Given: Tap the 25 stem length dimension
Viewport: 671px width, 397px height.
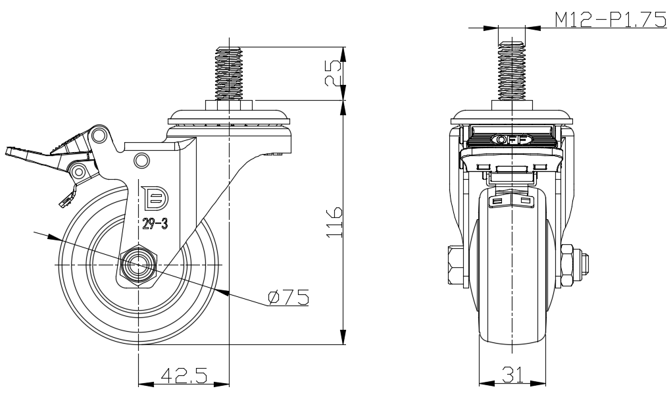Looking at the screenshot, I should coord(334,73).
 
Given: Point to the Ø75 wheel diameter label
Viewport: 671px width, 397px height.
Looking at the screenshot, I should coord(289,298).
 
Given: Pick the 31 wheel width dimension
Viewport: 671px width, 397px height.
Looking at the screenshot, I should coord(513,375).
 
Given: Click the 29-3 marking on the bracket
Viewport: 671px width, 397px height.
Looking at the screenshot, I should coord(155,224).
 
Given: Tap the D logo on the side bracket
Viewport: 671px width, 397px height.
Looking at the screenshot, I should coord(155,197).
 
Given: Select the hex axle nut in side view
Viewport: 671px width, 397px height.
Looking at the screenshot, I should coord(139,265).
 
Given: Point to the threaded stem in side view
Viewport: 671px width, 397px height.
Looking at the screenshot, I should coord(228,72).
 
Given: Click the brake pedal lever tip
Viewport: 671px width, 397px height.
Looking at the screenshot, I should coord(14,153).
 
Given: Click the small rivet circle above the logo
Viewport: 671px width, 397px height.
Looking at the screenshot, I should coord(141,160).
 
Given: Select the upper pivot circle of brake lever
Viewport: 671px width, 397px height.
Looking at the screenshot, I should coord(99,136).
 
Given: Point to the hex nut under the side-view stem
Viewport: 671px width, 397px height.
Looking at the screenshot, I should coord(228,105).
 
